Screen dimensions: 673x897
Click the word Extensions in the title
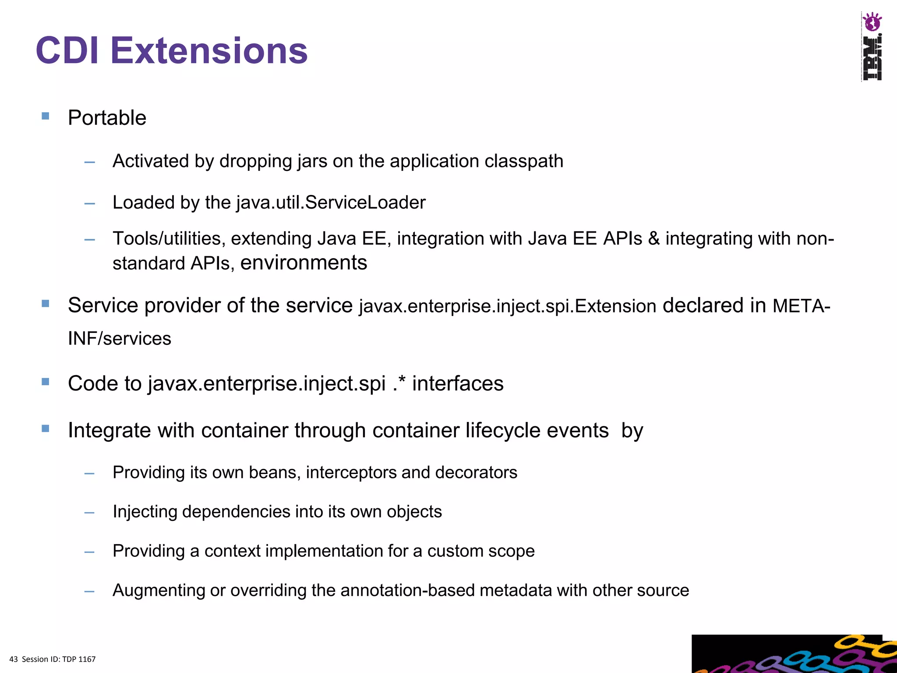coord(209,51)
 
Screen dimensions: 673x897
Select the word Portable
coord(107,118)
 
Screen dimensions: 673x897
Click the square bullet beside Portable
coord(46,116)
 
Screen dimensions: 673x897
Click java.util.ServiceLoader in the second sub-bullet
coord(331,202)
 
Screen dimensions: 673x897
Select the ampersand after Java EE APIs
coord(653,239)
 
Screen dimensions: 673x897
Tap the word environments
coord(304,263)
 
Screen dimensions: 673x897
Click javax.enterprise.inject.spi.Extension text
coord(507,306)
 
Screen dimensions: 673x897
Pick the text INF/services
coord(120,339)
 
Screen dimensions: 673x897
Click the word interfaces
coord(458,384)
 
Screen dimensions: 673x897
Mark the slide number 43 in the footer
coord(14,659)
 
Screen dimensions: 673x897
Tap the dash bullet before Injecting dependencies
coord(90,513)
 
